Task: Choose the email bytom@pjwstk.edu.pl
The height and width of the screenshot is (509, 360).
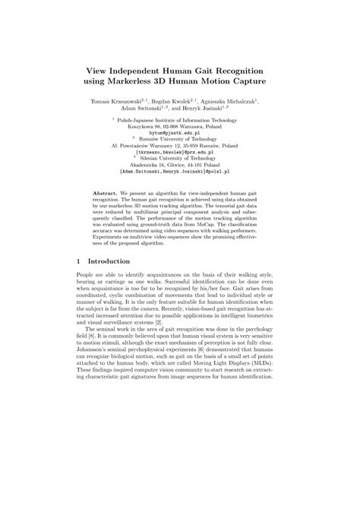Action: click(x=179, y=133)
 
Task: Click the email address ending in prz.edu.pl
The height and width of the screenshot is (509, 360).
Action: click(x=179, y=155)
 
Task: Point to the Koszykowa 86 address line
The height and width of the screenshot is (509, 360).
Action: click(x=179, y=126)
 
